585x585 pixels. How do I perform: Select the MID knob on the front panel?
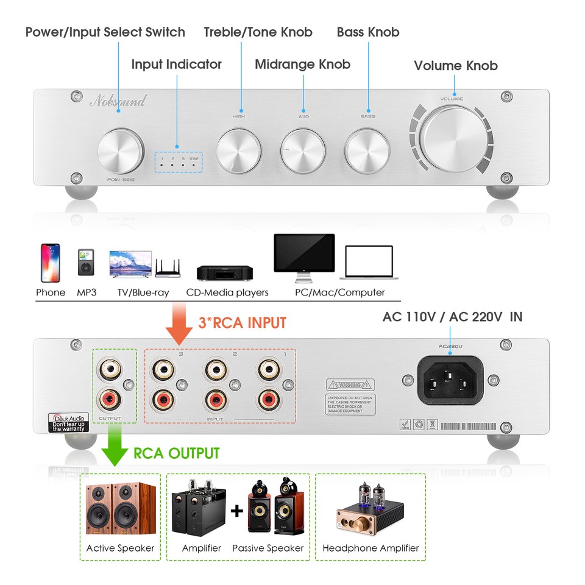click(x=303, y=149)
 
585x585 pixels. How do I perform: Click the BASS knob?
click(x=367, y=149)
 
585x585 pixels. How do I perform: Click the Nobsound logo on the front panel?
click(x=118, y=101)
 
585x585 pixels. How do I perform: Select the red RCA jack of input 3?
click(x=165, y=400)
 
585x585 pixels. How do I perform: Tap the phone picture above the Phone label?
click(x=50, y=261)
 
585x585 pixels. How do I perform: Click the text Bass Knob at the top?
click(x=368, y=32)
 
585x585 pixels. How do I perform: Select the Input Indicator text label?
click(x=176, y=64)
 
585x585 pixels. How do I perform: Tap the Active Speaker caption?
click(x=120, y=548)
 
